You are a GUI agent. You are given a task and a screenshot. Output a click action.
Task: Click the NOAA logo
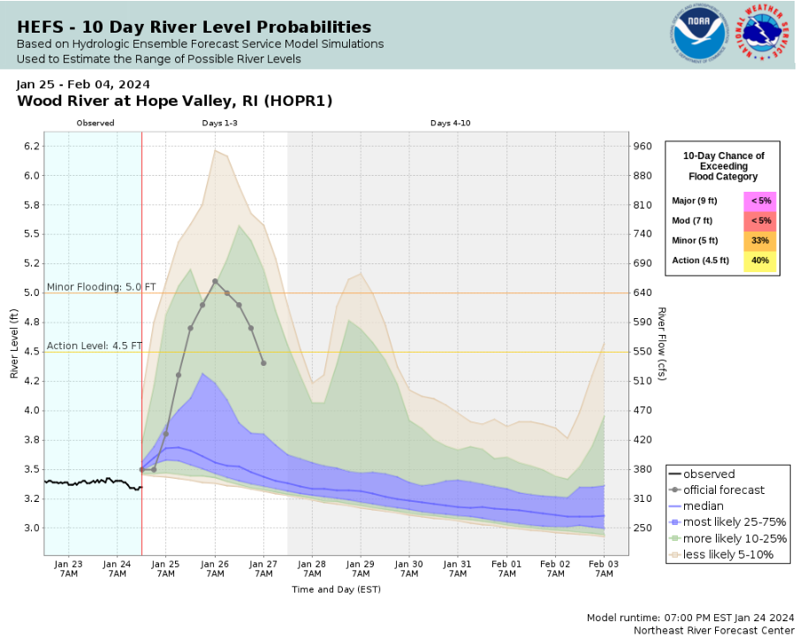[x=698, y=34]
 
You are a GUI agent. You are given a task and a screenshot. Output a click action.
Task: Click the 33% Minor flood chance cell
[x=759, y=240]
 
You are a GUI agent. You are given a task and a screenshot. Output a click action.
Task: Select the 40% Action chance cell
[x=759, y=261]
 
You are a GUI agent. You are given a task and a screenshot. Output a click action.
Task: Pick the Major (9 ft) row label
[x=695, y=201]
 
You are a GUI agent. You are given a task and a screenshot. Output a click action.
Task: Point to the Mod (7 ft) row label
[x=692, y=220]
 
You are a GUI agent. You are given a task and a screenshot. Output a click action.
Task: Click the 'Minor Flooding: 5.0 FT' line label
[x=101, y=287]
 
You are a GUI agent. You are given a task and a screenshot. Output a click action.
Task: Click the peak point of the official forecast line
[x=215, y=281]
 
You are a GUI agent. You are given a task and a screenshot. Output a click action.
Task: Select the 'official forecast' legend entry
[x=724, y=490]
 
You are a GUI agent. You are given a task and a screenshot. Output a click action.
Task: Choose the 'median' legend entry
[x=702, y=506]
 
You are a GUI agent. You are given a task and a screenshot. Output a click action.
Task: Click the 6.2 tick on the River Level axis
[x=32, y=146]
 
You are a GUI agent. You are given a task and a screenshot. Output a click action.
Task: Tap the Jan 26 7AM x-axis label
[x=215, y=568]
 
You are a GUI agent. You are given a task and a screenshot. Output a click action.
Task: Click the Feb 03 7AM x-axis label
[x=604, y=568]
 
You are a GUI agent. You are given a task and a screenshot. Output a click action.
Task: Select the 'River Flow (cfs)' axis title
[x=661, y=345]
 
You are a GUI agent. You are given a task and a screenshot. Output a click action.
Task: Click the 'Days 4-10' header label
[x=450, y=123]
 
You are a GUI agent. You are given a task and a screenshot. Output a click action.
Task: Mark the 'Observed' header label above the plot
[x=95, y=123]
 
